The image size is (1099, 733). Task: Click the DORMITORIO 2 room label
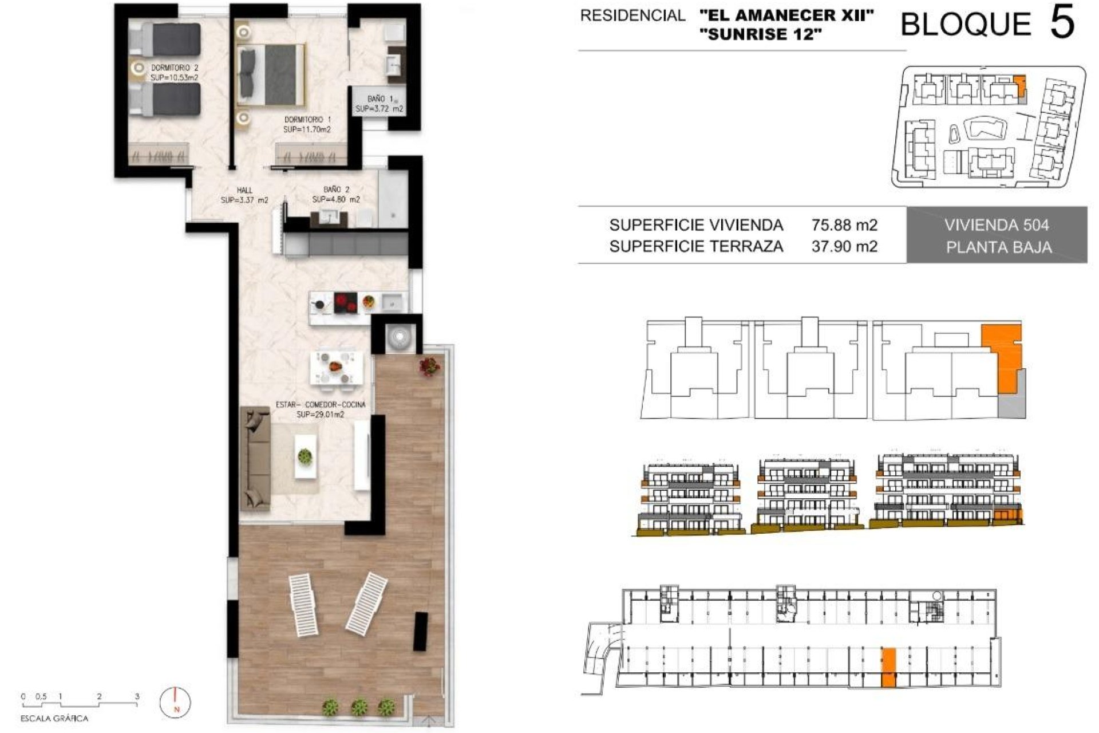[175, 68]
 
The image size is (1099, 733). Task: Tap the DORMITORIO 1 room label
[307, 120]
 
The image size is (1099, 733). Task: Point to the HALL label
[244, 190]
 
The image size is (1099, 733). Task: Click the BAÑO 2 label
[336, 190]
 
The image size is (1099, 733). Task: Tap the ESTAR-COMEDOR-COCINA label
[321, 404]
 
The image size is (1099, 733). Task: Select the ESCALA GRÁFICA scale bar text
[54, 718]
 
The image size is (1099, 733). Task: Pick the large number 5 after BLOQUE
[1062, 24]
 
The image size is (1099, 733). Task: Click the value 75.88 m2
[844, 225]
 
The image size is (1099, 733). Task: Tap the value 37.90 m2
[844, 247]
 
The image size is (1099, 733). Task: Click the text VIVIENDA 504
[997, 225]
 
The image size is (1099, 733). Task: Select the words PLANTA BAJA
[999, 247]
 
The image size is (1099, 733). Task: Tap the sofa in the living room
[256, 458]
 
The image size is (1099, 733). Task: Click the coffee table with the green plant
[305, 456]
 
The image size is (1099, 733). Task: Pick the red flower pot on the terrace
[429, 365]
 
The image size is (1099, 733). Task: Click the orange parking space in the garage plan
[888, 668]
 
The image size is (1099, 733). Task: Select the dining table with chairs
[336, 368]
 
